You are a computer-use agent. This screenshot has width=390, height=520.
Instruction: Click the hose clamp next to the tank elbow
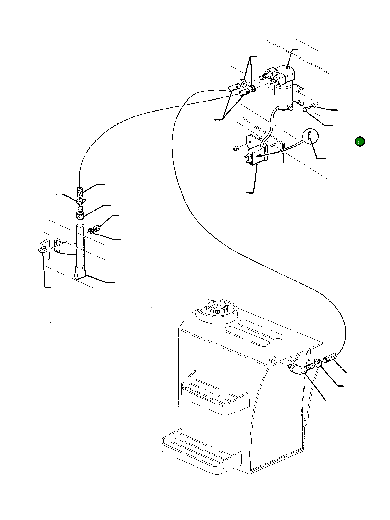[317, 362]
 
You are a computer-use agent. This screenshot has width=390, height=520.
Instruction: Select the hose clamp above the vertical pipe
[81, 201]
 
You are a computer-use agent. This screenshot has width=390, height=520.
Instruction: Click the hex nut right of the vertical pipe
[97, 228]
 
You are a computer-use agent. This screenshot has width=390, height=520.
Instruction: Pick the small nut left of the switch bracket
[236, 148]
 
